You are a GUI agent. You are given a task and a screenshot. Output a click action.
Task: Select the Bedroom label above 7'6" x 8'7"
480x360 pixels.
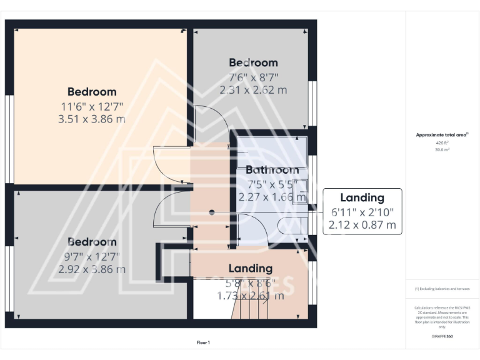253,62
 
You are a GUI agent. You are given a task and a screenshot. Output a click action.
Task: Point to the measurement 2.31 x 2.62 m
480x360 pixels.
253,90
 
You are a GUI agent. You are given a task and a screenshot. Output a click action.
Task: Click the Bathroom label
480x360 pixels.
272,170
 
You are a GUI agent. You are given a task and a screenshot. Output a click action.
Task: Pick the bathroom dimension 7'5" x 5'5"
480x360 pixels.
272,184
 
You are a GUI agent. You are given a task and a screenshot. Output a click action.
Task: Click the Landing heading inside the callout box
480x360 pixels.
362,198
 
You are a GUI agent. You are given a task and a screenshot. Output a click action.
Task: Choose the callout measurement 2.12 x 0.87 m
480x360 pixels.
362,224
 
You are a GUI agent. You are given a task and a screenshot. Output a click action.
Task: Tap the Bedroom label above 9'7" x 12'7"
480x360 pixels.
92,242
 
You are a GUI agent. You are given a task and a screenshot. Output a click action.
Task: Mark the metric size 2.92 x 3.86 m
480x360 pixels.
92,269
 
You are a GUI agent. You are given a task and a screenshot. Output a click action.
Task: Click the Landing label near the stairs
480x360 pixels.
250,268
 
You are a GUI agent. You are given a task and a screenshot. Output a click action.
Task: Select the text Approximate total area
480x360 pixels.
442,134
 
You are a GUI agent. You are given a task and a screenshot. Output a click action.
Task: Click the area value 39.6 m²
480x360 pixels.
442,149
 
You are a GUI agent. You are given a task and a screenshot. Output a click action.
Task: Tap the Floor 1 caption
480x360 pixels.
204,342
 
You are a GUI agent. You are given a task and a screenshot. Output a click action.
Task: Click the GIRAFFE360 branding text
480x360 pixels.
442,336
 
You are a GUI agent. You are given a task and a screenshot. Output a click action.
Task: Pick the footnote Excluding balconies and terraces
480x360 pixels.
442,289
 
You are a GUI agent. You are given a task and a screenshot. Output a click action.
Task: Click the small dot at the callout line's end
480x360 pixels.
212,212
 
